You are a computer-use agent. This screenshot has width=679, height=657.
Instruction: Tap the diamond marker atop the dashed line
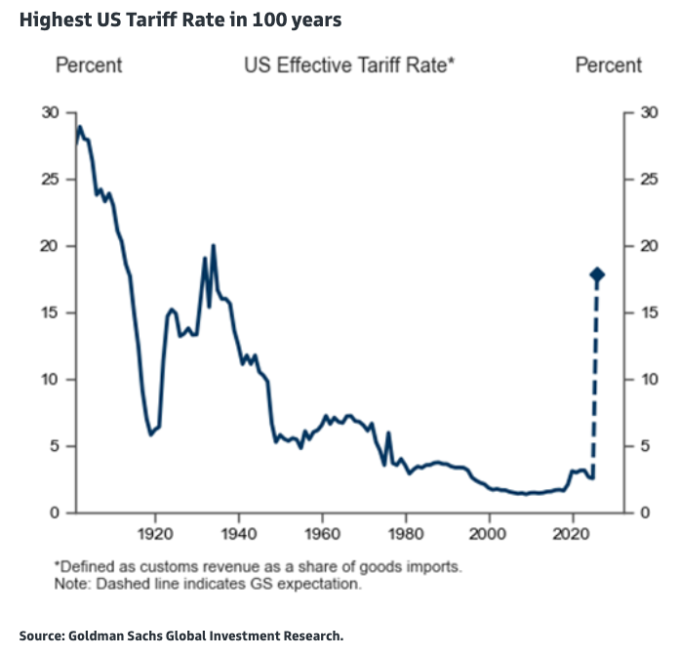click(x=597, y=275)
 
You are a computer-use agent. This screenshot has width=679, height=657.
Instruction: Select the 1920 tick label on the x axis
click(x=154, y=533)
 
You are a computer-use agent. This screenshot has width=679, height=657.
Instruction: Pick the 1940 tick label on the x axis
click(x=237, y=533)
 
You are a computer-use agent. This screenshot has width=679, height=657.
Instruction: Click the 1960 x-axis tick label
click(x=322, y=533)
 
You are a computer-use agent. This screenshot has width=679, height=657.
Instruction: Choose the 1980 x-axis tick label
click(x=406, y=533)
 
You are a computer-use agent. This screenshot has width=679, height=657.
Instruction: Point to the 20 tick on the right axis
click(x=648, y=247)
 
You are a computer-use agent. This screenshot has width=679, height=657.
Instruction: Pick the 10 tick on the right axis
click(x=648, y=380)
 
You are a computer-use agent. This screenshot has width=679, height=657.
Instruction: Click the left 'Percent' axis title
click(x=89, y=66)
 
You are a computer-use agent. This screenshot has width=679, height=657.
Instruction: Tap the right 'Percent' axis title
click(x=609, y=66)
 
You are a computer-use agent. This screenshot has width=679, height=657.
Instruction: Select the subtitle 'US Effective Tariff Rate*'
click(x=350, y=66)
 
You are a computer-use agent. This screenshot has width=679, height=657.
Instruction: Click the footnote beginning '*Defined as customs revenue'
click(x=258, y=566)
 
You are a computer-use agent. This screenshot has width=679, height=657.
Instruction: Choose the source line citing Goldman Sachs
click(x=181, y=636)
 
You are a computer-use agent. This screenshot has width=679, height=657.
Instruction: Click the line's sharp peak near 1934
click(x=213, y=245)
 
